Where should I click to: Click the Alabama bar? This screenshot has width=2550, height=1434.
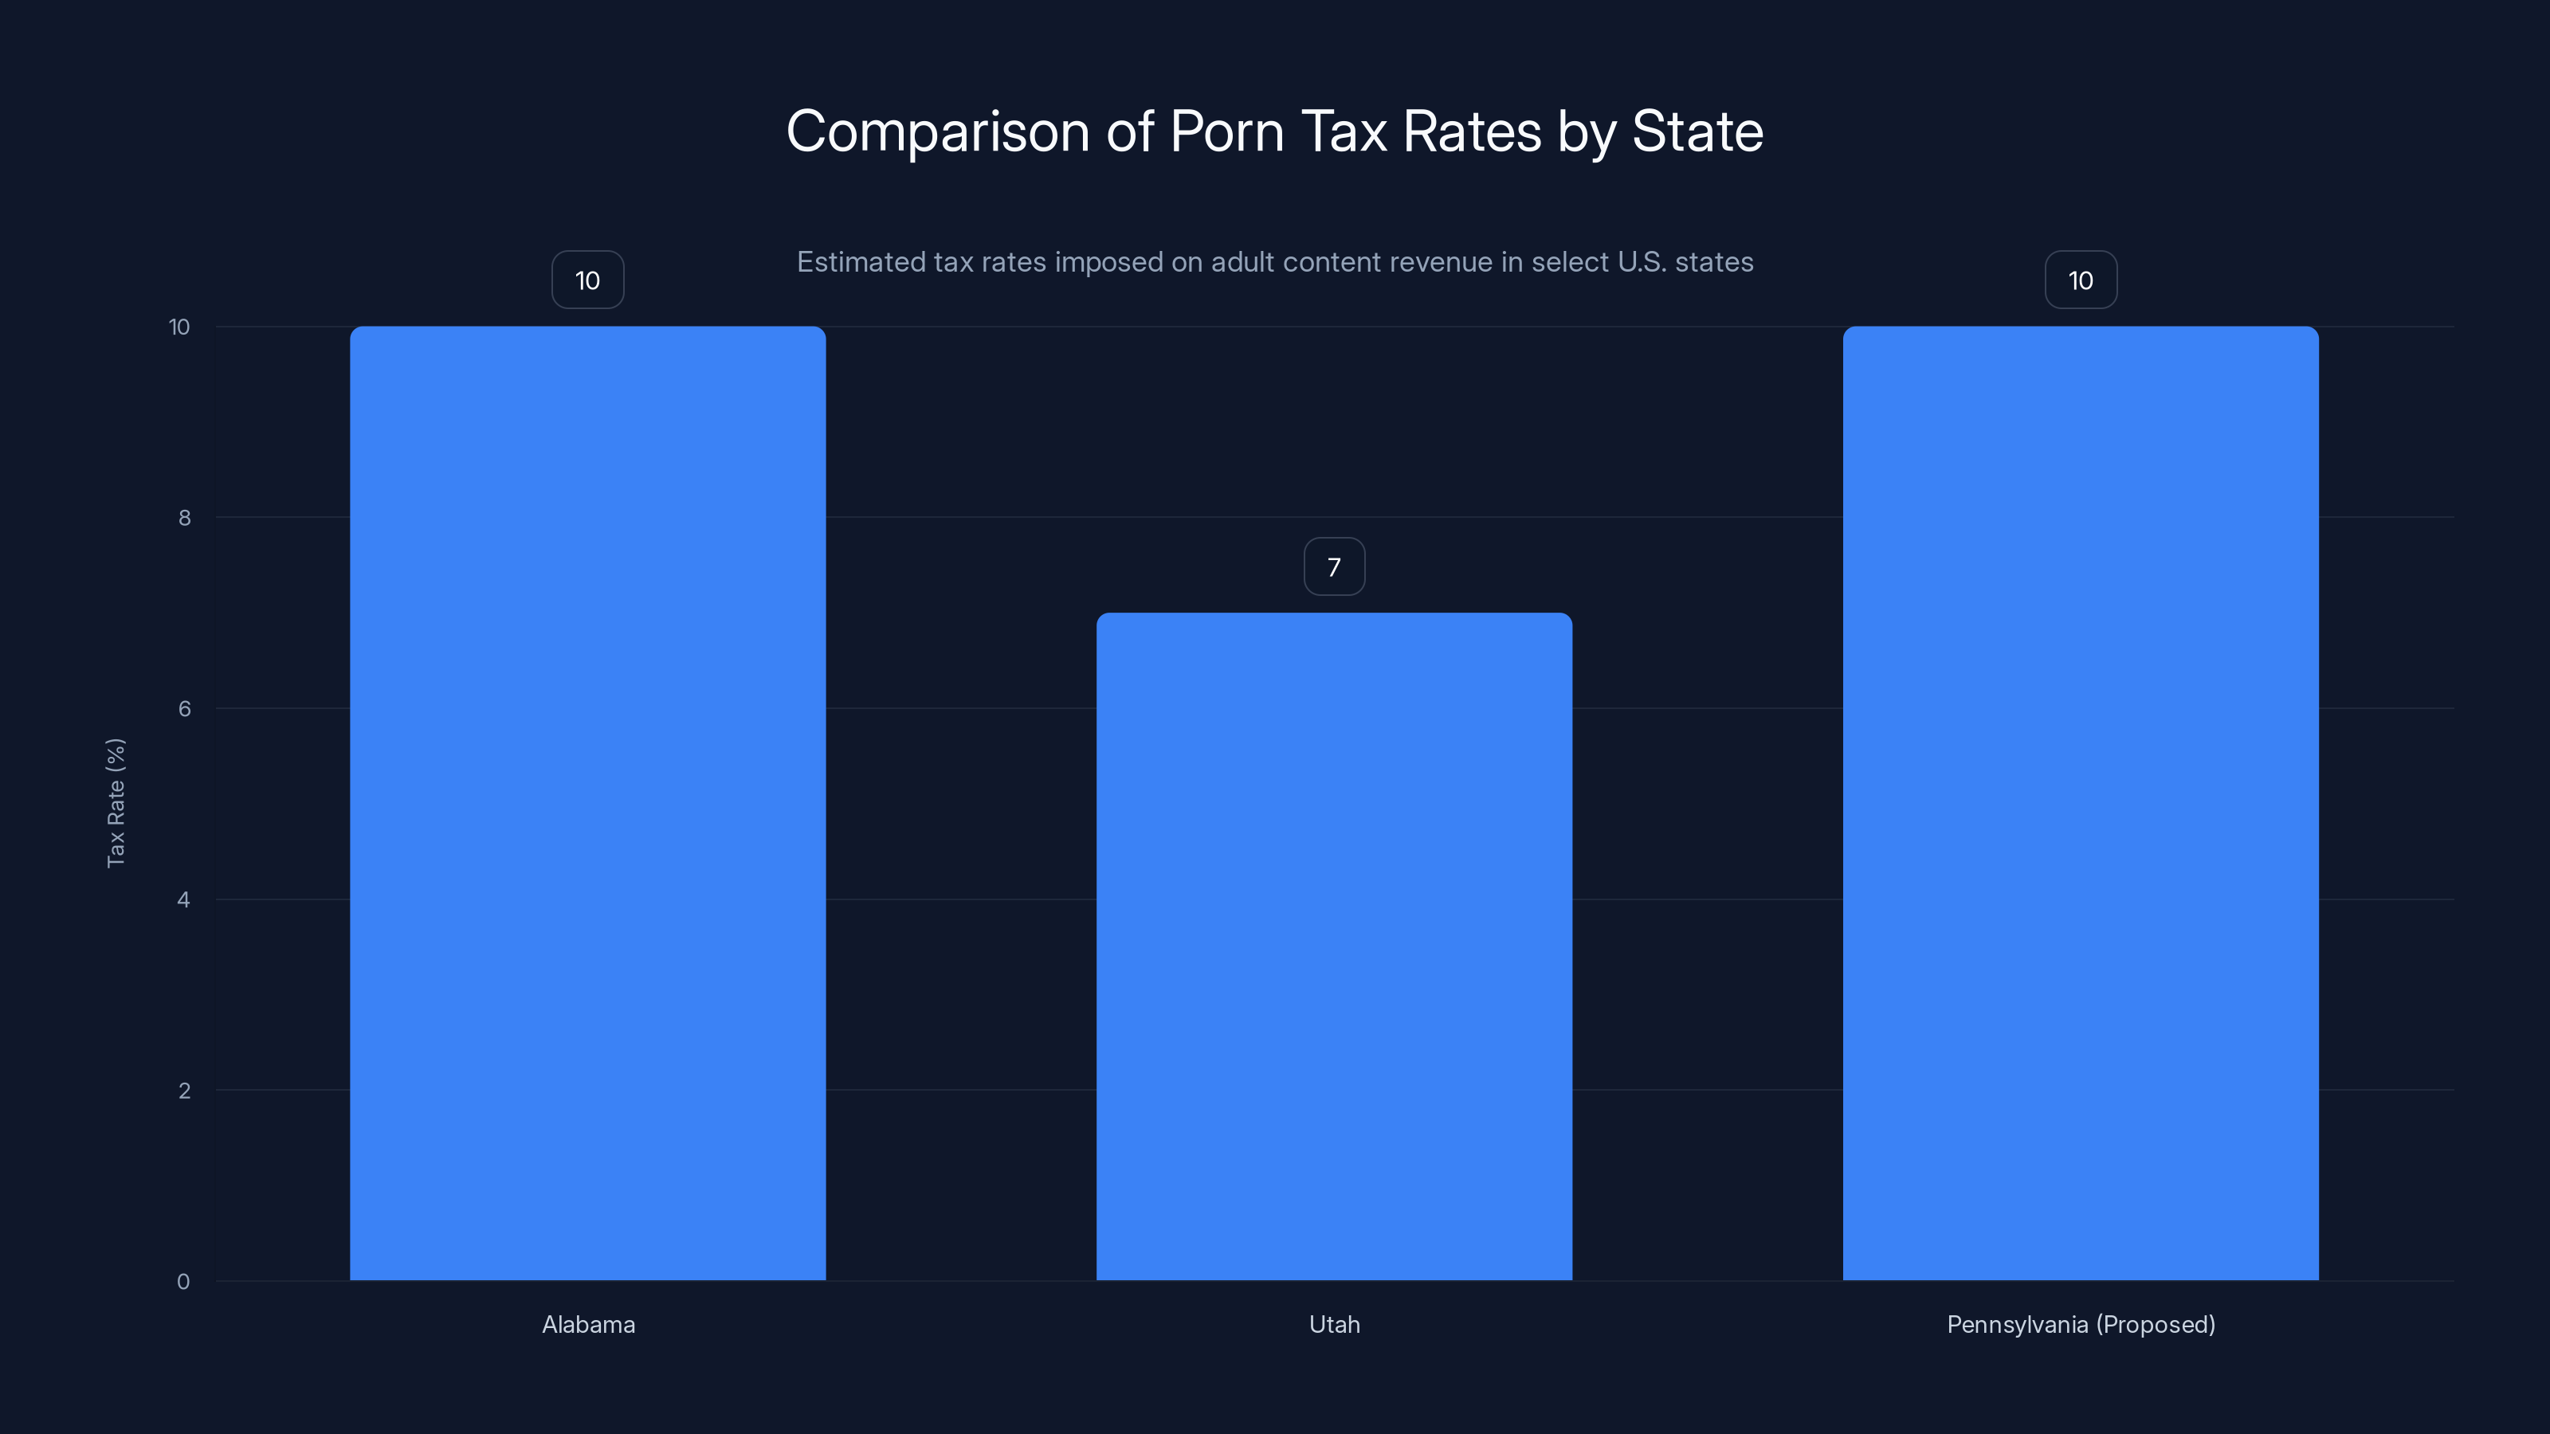point(587,802)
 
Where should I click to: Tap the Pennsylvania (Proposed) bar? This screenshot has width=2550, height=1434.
point(2080,802)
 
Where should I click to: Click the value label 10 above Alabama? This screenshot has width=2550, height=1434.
point(587,280)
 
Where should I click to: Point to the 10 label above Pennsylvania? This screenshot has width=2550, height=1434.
point(2080,280)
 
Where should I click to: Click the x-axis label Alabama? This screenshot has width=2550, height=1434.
point(588,1324)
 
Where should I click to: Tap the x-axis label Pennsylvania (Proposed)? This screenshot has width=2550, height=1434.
point(2080,1324)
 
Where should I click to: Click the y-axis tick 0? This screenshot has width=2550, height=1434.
point(183,1282)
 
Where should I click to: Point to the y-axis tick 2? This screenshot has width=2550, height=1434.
point(184,1091)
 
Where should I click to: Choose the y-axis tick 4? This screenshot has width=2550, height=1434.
point(183,899)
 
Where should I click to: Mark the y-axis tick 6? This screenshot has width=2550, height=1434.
point(184,708)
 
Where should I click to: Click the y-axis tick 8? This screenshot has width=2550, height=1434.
point(184,518)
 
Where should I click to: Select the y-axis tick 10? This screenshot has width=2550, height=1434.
point(179,327)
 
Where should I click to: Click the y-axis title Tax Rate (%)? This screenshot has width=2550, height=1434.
point(116,802)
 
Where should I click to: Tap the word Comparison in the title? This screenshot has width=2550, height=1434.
point(937,131)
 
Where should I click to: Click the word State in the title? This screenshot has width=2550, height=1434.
point(1697,131)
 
